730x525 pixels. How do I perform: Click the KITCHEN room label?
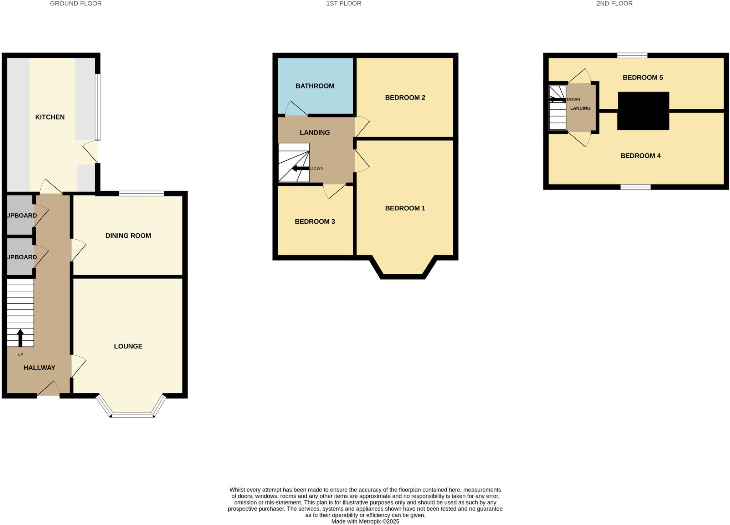(x=50, y=117)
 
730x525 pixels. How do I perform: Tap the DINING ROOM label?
(x=128, y=235)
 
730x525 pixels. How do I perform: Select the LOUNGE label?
(x=128, y=346)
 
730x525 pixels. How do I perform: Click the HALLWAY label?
(x=39, y=368)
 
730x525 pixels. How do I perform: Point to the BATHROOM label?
(x=315, y=86)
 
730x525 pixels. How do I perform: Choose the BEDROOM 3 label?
(x=315, y=221)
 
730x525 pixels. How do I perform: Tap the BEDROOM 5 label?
(x=643, y=77)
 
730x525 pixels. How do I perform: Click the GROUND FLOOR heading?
(x=76, y=4)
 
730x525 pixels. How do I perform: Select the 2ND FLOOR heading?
(x=615, y=4)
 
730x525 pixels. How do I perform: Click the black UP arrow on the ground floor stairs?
(x=20, y=338)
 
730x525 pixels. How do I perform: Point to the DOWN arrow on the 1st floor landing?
(x=300, y=168)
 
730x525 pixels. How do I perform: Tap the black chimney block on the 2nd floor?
(x=643, y=111)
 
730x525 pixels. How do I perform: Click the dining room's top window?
(x=142, y=194)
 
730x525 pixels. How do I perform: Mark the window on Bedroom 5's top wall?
(x=632, y=55)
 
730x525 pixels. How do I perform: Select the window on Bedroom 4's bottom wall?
(x=636, y=187)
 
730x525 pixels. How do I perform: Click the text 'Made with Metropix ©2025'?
(x=365, y=521)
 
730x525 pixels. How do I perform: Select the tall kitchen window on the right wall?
(x=98, y=107)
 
